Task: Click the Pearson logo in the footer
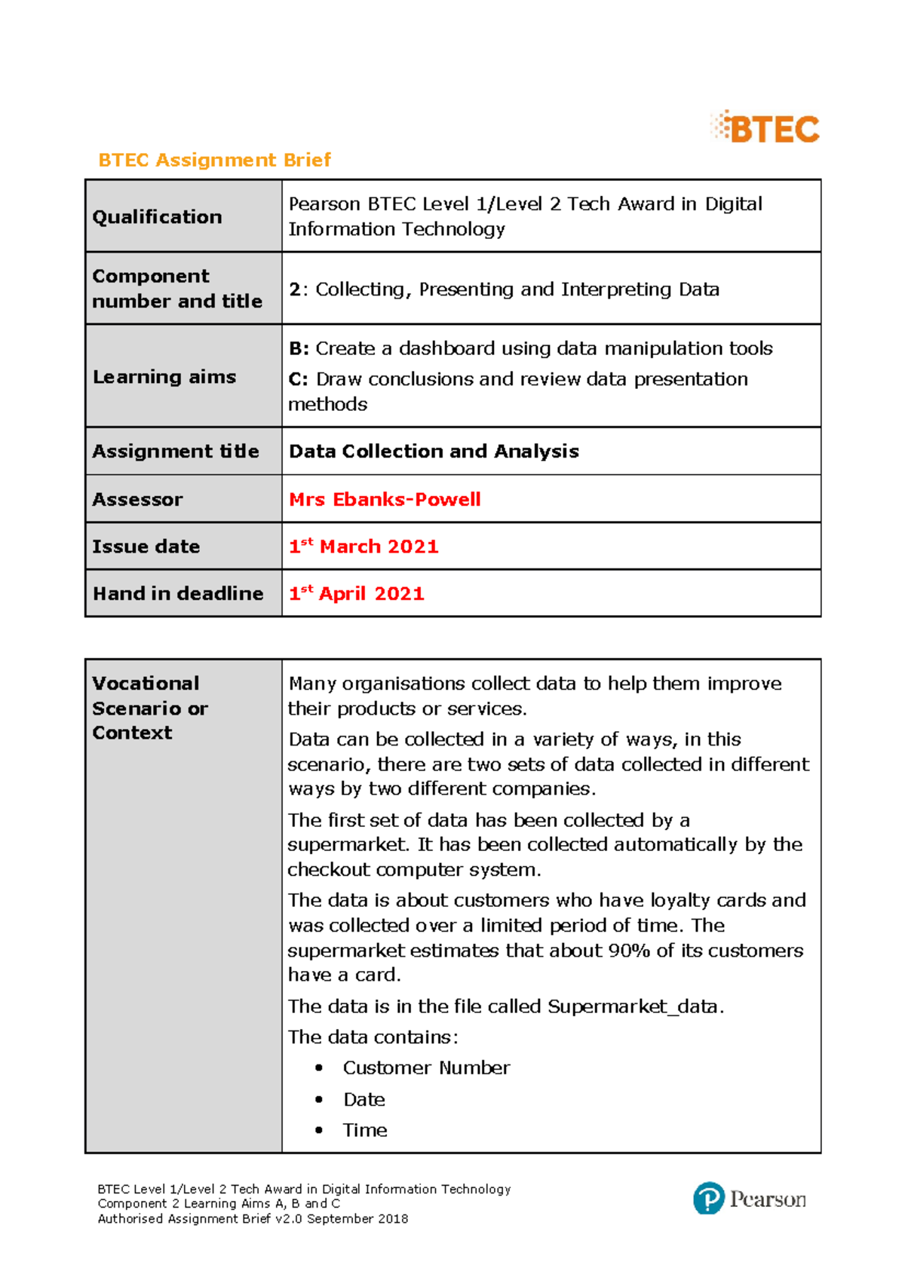(750, 1198)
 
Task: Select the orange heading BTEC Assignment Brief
(214, 160)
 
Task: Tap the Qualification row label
(157, 217)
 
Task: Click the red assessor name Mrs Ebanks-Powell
(385, 499)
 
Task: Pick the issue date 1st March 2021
(364, 547)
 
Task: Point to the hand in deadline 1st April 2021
(357, 594)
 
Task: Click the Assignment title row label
(175, 452)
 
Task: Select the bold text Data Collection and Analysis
(434, 452)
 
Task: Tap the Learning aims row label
(164, 377)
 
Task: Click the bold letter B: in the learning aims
(299, 349)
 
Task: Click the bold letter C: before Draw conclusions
(299, 379)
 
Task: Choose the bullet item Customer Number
(426, 1068)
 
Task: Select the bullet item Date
(364, 1100)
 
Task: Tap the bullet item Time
(365, 1131)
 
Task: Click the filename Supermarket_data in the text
(634, 1007)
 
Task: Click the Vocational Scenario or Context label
(149, 708)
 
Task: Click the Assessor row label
(137, 500)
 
